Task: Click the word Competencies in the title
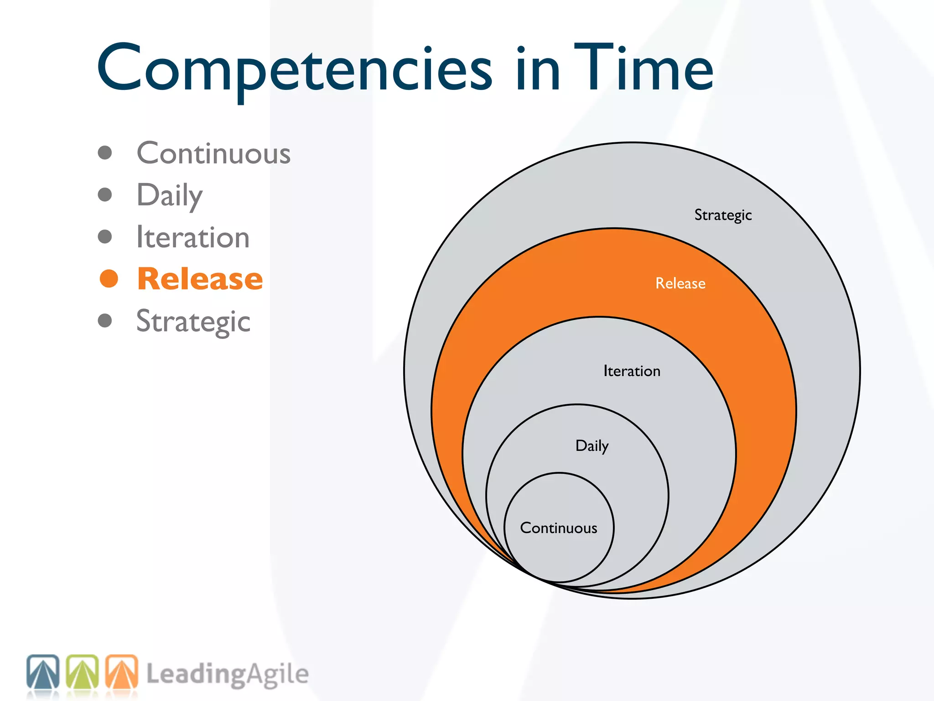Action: click(x=294, y=68)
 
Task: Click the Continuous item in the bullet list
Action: click(x=213, y=153)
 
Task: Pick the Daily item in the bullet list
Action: click(x=170, y=195)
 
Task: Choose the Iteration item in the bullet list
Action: click(x=193, y=237)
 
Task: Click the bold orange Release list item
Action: click(x=200, y=279)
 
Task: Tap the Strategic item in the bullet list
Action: click(x=193, y=321)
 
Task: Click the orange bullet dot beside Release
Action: click(x=109, y=279)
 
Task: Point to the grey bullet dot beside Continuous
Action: click(x=105, y=153)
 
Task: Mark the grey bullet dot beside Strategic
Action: click(x=105, y=320)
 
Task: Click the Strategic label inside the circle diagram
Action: click(x=723, y=215)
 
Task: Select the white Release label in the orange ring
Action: click(x=680, y=283)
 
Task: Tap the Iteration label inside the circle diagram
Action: click(x=632, y=371)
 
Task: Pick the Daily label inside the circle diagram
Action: click(x=592, y=446)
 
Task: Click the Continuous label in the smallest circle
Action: click(x=559, y=528)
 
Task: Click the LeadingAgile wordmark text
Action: click(x=227, y=675)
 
